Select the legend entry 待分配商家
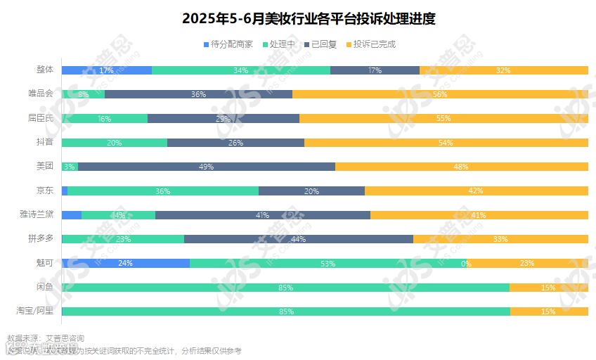point(228,44)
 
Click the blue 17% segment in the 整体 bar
point(107,70)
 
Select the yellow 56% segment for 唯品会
point(440,94)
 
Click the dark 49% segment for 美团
point(207,167)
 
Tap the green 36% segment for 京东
point(163,191)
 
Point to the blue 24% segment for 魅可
point(126,263)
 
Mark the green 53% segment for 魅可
point(328,263)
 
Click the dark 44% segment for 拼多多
point(299,239)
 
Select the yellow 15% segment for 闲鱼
point(548,287)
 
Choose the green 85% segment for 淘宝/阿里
point(286,311)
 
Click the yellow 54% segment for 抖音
point(446,143)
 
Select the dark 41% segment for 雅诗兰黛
point(263,215)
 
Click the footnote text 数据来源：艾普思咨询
point(46,339)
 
